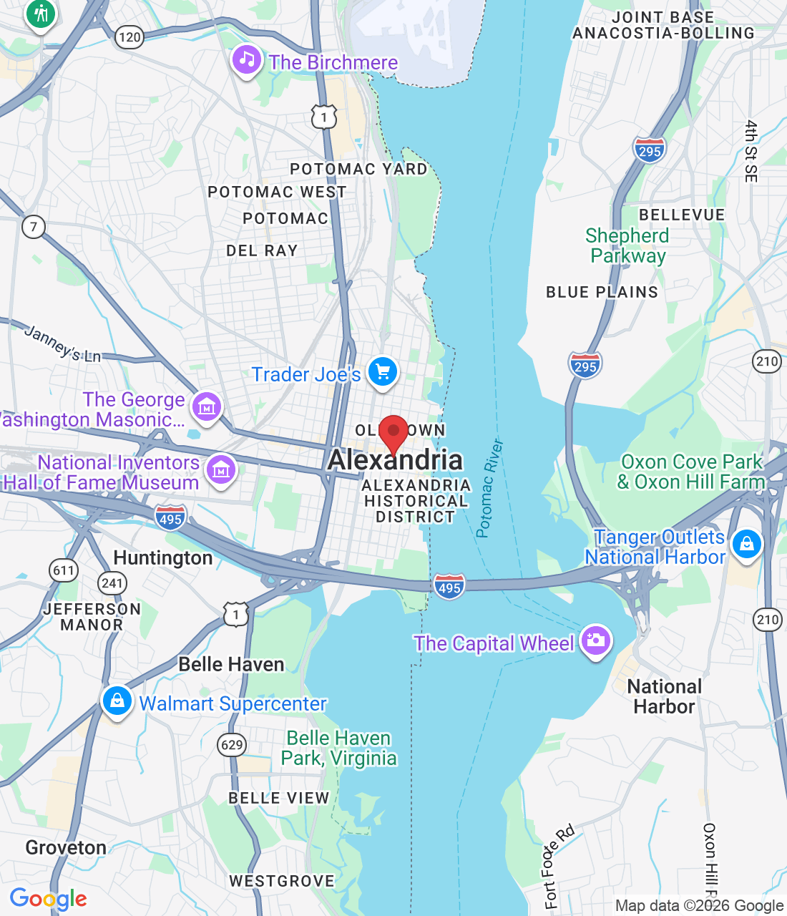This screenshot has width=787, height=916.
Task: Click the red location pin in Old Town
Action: pos(393,432)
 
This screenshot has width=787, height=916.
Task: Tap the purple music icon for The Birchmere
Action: pos(247,59)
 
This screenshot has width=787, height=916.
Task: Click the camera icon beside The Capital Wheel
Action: pos(595,640)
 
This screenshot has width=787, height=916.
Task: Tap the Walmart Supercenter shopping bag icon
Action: pos(117,701)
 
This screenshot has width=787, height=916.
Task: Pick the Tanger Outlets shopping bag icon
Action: pos(746,545)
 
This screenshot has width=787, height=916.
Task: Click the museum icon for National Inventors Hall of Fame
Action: pos(220,470)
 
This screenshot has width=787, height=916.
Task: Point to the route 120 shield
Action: pos(129,37)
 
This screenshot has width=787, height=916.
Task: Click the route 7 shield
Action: pos(33,228)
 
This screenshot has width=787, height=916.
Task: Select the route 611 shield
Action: pos(64,570)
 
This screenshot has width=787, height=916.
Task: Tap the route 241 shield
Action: pos(112,583)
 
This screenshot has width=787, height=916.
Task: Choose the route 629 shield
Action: pos(232,745)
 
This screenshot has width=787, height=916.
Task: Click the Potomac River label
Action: pos(490,488)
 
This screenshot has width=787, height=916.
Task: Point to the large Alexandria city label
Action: pos(396,460)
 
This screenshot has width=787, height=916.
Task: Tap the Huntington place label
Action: pos(163,558)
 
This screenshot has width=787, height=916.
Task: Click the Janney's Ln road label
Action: pos(62,343)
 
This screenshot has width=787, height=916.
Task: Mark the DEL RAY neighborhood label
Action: pos(262,250)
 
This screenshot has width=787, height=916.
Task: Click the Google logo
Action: pos(48,899)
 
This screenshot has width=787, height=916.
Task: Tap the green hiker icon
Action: pos(41,14)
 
